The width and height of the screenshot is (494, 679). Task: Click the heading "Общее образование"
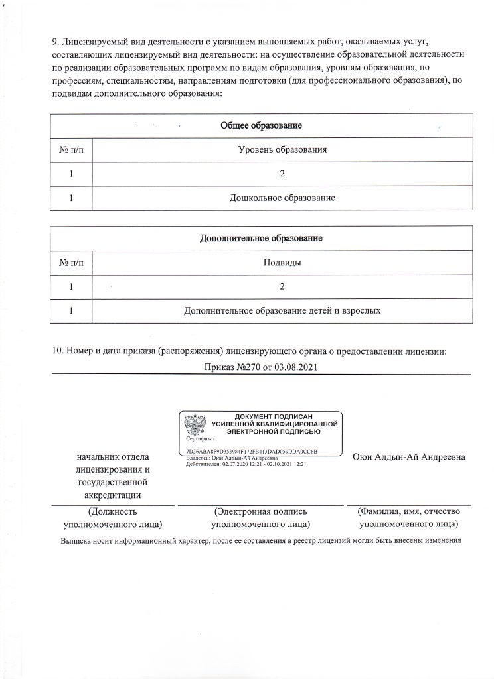261,125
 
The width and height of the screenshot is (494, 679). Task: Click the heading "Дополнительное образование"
261,238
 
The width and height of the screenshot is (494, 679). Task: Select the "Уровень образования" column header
282,150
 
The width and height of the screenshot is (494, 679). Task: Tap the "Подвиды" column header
282,263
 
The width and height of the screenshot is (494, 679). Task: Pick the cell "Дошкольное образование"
282,198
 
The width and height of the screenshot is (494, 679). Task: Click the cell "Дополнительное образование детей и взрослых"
282,310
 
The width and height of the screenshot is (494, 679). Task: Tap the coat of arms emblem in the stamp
195,426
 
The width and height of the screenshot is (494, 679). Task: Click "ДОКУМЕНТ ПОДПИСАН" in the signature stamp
274,416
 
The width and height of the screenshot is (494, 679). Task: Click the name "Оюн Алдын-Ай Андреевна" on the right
408,457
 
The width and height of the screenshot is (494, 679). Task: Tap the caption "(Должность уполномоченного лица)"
112,518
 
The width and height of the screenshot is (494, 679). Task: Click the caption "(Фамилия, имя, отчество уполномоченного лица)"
408,518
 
